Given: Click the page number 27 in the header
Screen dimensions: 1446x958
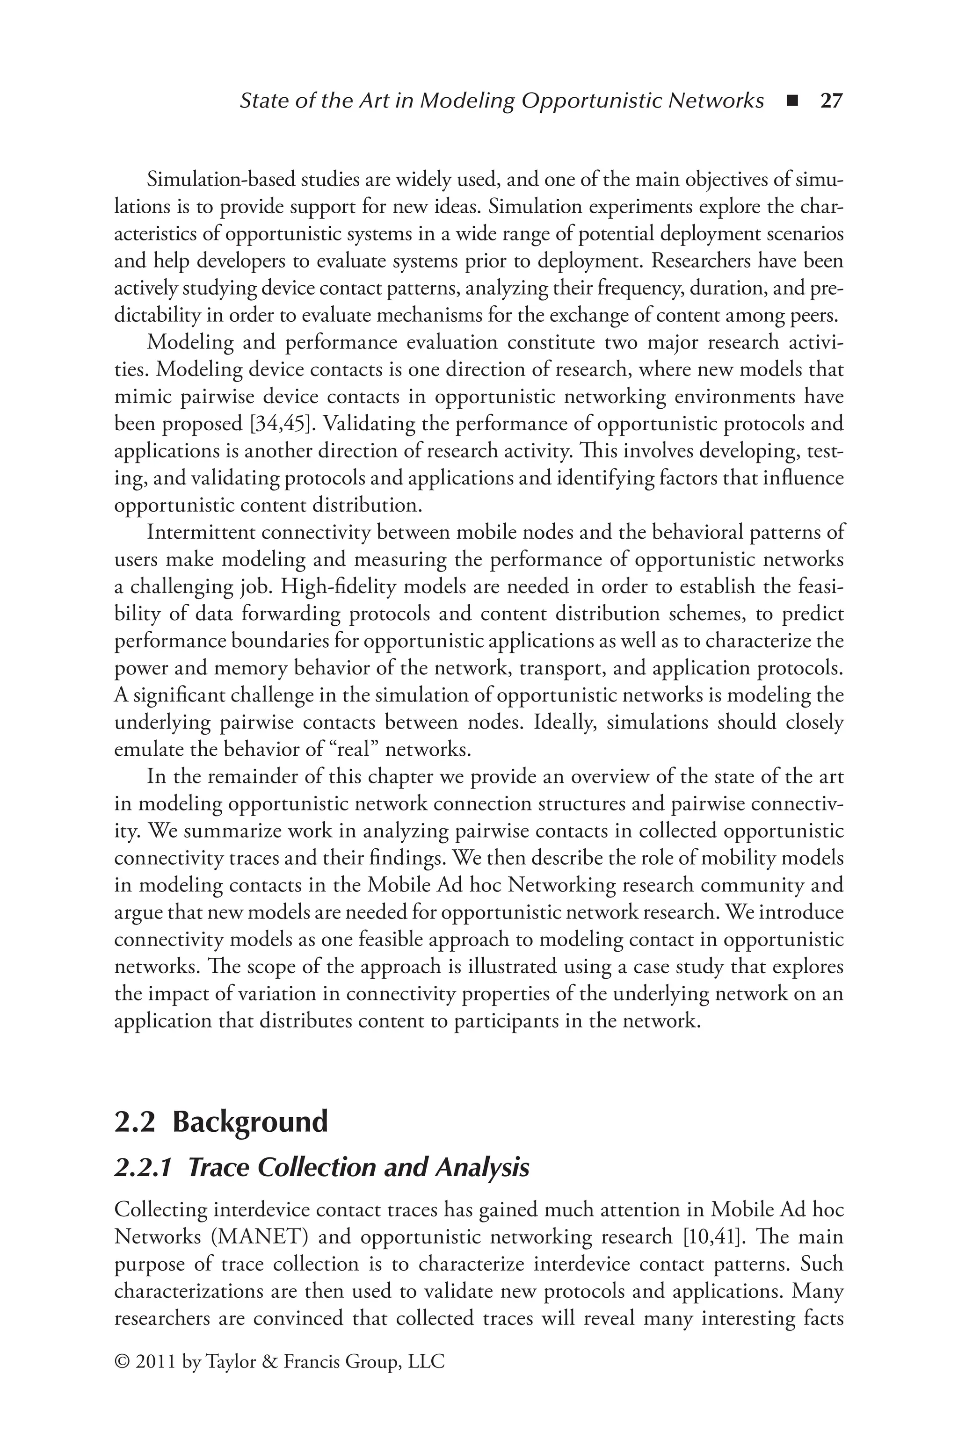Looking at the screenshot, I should (831, 101).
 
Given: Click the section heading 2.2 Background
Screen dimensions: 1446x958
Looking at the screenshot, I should (221, 1122).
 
